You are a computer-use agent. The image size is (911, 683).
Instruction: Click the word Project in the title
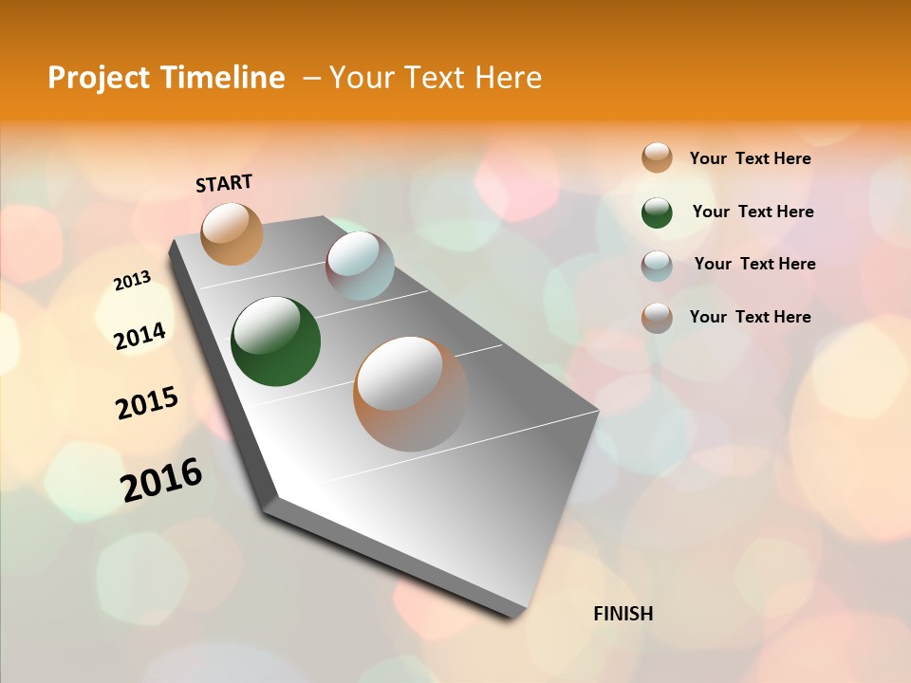[96, 78]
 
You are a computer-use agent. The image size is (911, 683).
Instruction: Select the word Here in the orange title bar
[509, 78]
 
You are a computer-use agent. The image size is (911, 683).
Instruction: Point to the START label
[224, 182]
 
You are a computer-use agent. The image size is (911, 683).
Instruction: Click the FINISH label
[623, 614]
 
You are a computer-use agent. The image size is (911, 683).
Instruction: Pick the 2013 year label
[132, 281]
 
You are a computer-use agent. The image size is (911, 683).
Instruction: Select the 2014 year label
[139, 336]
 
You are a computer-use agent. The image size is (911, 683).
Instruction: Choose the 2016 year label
[161, 480]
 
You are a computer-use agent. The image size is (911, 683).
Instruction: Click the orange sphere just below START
[232, 233]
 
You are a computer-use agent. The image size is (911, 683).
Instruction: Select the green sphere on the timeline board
[275, 341]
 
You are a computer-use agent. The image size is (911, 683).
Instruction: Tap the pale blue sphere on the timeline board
[360, 266]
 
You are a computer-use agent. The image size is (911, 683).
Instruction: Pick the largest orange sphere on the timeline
[410, 394]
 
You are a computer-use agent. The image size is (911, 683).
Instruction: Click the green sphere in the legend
[657, 212]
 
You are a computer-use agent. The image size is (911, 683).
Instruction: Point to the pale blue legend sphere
[657, 266]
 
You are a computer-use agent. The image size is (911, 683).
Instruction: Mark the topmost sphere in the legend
[657, 157]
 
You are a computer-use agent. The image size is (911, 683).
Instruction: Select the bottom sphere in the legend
[657, 318]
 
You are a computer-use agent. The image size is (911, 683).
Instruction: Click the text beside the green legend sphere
[753, 212]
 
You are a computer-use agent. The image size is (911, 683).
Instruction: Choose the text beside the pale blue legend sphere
[754, 264]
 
